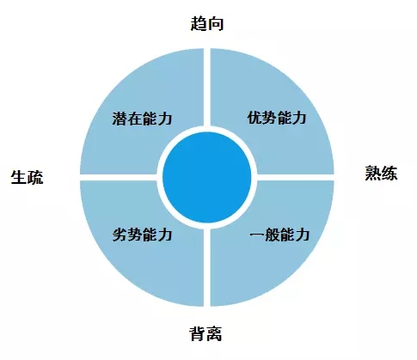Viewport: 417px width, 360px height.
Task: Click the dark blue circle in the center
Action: tap(207, 177)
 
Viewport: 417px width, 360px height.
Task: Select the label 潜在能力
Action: tap(142, 119)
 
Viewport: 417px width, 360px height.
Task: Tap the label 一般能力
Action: tap(279, 235)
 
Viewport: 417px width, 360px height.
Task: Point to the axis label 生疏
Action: tap(27, 177)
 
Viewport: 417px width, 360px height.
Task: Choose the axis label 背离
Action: tap(205, 333)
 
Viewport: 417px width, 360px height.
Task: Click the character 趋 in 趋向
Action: tap(199, 23)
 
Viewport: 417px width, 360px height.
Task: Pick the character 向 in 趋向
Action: tap(215, 23)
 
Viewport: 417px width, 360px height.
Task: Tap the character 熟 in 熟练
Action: tap(373, 174)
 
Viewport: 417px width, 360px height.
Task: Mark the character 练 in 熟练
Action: tap(389, 174)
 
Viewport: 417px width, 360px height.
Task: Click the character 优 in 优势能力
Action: tap(254, 118)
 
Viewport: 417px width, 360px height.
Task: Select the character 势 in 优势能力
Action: tap(269, 118)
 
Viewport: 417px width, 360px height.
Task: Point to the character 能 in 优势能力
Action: tap(285, 118)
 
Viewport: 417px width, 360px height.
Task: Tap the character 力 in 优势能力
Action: tap(299, 118)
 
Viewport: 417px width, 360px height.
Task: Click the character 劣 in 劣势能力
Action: tap(120, 235)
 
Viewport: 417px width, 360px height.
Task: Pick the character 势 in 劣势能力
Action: tap(135, 235)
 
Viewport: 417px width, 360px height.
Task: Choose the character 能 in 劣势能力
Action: tap(150, 235)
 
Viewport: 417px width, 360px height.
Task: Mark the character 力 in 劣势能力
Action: tap(165, 235)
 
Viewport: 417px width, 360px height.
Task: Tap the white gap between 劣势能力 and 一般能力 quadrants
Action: tap(207, 267)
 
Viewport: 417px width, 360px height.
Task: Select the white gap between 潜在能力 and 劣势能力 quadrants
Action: tap(119, 177)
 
